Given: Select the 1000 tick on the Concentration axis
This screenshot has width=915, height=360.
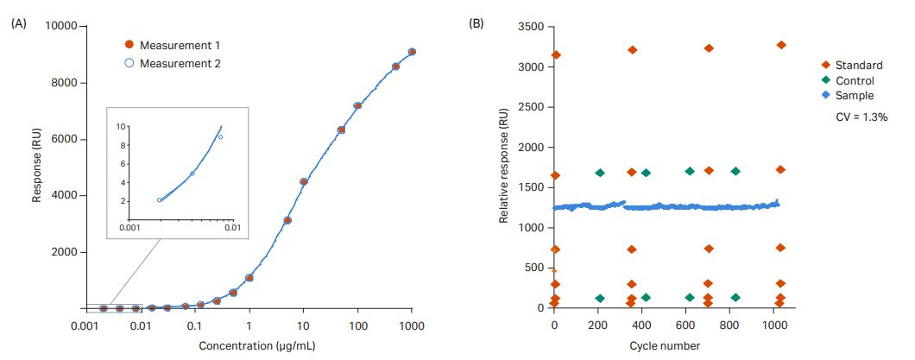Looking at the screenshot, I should pyautogui.click(x=412, y=326).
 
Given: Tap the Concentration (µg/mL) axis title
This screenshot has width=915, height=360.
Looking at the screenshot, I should pyautogui.click(x=248, y=346).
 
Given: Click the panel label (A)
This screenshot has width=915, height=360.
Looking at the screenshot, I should pyautogui.click(x=19, y=23).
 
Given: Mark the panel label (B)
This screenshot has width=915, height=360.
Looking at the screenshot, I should pyautogui.click(x=476, y=23).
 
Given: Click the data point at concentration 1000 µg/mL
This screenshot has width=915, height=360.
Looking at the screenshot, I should pyautogui.click(x=412, y=52).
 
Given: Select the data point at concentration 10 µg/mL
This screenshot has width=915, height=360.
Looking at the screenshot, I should pyautogui.click(x=303, y=181).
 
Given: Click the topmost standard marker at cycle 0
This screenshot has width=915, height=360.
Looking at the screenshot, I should pyautogui.click(x=555, y=55).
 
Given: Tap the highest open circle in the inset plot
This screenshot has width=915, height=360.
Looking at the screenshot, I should pyautogui.click(x=220, y=136).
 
